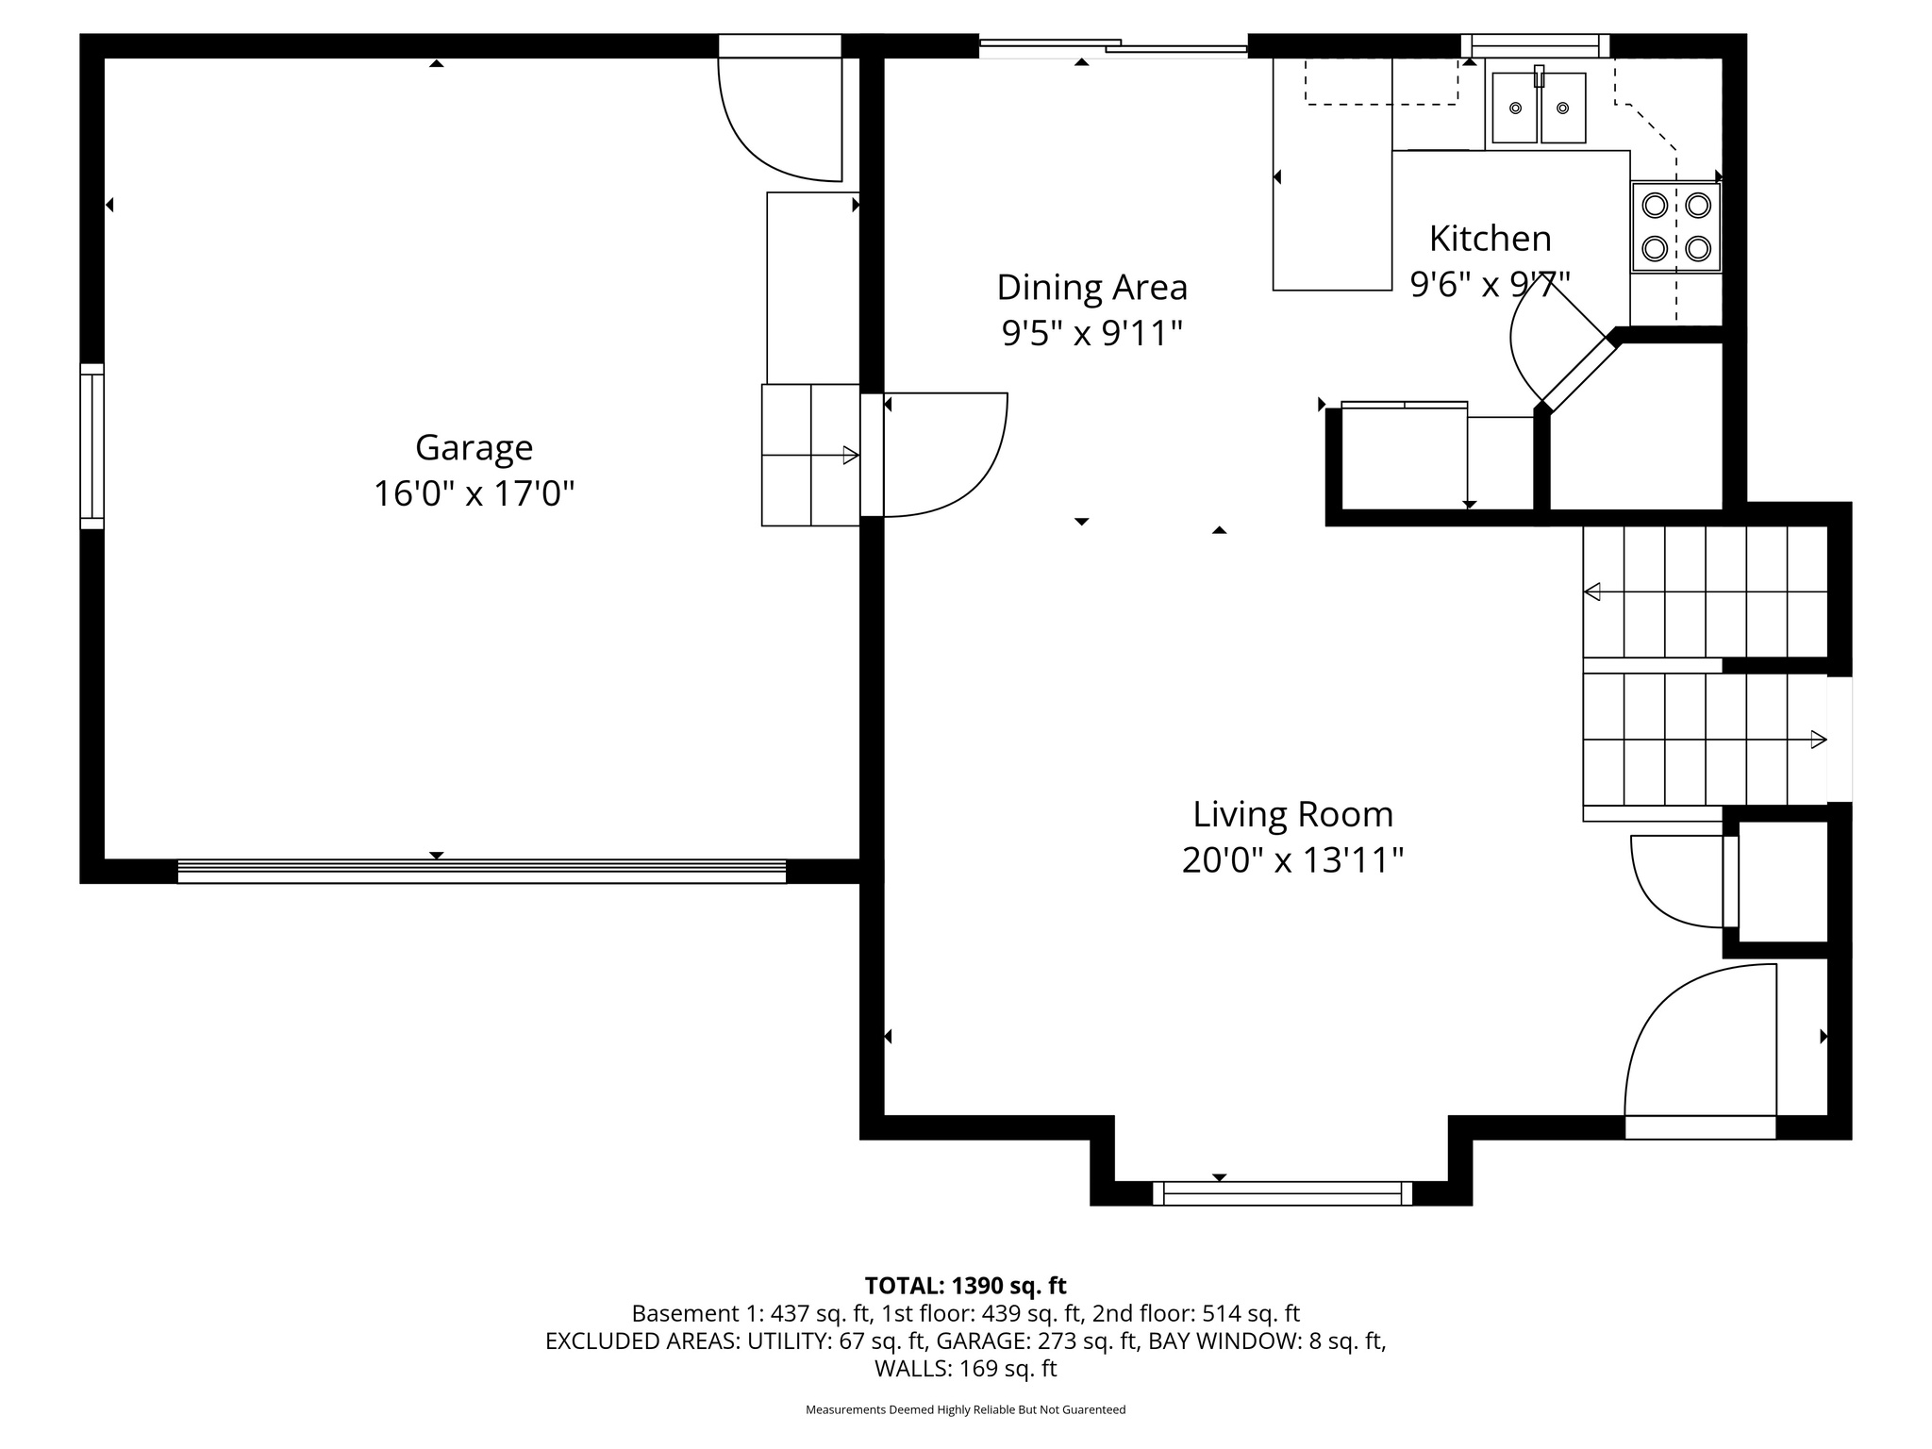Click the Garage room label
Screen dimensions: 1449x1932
pos(474,447)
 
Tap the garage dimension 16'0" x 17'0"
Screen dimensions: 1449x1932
pos(474,493)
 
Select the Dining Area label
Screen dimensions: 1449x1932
pos(1091,287)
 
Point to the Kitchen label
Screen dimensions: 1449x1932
pos(1490,239)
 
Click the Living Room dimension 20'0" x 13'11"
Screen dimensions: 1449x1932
pos(1292,860)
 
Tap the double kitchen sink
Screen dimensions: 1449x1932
pos(1538,109)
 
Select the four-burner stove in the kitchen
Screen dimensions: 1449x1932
pos(1675,227)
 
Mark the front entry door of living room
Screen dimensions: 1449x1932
pos(1700,1047)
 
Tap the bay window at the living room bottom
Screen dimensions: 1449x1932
pos(1282,1193)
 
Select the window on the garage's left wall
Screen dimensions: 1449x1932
pos(92,446)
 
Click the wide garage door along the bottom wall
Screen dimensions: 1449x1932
pos(481,871)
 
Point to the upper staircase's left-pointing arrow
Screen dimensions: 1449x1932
pos(1592,592)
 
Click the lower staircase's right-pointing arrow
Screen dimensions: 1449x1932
pos(1818,741)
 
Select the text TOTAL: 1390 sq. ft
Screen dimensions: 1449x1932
pos(965,1285)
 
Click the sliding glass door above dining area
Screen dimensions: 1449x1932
pos(1113,46)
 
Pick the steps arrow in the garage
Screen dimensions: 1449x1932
pos(849,456)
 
